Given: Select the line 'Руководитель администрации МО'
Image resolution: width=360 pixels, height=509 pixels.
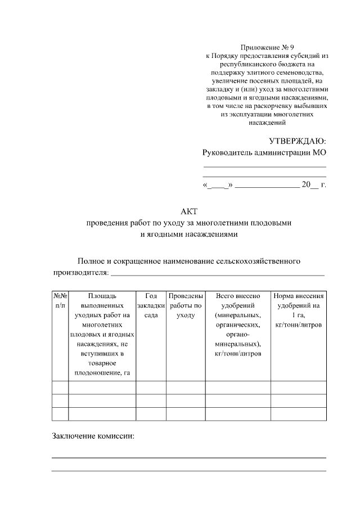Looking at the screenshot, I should (264, 152).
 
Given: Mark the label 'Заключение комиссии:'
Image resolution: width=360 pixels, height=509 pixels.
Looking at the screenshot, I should (93, 436).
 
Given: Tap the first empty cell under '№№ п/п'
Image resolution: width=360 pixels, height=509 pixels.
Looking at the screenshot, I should (60, 388).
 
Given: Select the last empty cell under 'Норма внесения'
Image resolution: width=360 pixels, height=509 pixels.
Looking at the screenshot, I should (298, 414).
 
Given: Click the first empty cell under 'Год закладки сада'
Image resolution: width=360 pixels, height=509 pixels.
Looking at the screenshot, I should (151, 388).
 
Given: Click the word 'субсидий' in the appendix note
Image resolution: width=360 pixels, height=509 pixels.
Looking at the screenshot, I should (306, 56).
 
